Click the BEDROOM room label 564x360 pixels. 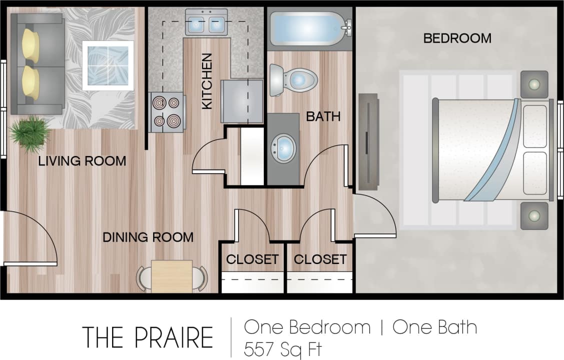tap(457, 38)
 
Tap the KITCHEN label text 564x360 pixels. tap(207, 81)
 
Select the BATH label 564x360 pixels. tap(323, 116)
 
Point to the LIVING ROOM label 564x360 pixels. tap(82, 161)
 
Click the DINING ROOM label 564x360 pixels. tap(148, 236)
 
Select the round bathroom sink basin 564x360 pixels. tap(283, 148)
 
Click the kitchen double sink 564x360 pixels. tap(206, 22)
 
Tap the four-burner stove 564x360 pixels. tap(167, 112)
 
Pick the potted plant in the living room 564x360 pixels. tap(30, 132)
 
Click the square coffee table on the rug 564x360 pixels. tap(108, 65)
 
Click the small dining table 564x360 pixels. tap(172, 275)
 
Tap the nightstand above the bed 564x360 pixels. tap(534, 84)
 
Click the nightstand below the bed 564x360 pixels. tap(534, 215)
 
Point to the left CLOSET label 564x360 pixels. tap(252, 259)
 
